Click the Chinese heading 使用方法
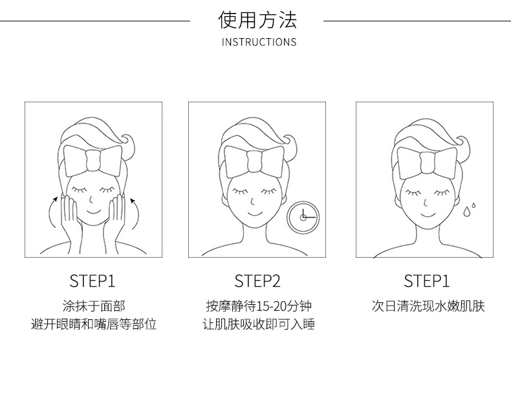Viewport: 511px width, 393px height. pyautogui.click(x=257, y=20)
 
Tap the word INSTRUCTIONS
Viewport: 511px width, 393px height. pyautogui.click(x=259, y=42)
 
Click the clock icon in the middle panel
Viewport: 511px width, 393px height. pyautogui.click(x=303, y=217)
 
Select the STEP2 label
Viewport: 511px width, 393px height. pyautogui.click(x=257, y=281)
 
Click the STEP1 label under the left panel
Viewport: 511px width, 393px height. pyautogui.click(x=92, y=281)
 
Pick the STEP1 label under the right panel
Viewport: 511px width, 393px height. pyautogui.click(x=427, y=281)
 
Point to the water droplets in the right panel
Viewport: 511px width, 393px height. pyautogui.click(x=469, y=210)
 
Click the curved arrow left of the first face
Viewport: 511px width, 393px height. pyautogui.click(x=52, y=212)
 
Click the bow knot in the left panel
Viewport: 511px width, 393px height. pyautogui.click(x=93, y=161)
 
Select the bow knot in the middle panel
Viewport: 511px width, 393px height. pyautogui.click(x=254, y=161)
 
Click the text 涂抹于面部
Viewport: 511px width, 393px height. pyautogui.click(x=94, y=306)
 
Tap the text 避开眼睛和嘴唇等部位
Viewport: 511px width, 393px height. pyautogui.click(x=94, y=324)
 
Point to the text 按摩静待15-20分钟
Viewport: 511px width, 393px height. pyautogui.click(x=259, y=306)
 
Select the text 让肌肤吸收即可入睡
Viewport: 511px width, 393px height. pyautogui.click(x=259, y=324)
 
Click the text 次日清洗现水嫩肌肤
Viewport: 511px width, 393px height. pyautogui.click(x=428, y=306)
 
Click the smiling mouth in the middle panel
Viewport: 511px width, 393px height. pyautogui.click(x=255, y=214)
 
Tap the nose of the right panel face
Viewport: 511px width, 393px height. pyautogui.click(x=425, y=203)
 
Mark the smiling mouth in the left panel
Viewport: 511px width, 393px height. pyautogui.click(x=94, y=212)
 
